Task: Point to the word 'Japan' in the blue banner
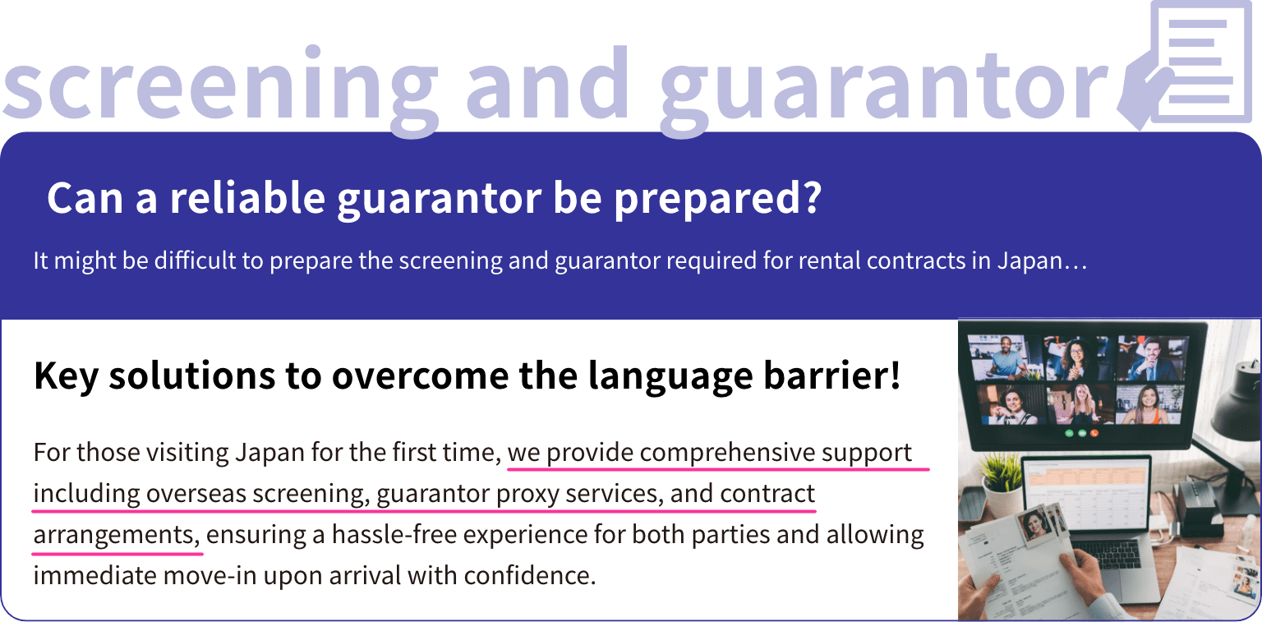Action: pos(1029,261)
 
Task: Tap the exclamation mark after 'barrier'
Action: pos(894,374)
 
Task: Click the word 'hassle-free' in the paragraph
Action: pos(394,534)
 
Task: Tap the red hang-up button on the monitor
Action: pos(1094,433)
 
